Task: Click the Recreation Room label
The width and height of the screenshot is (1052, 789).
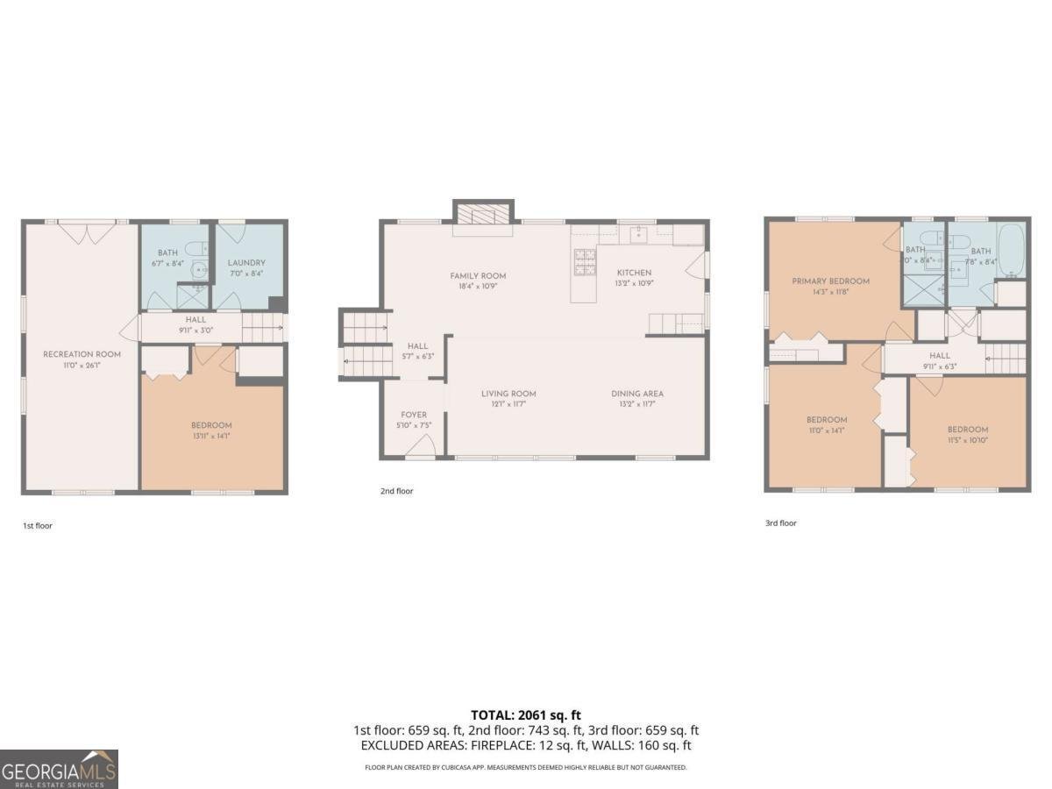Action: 82,354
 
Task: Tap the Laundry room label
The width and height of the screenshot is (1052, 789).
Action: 246,262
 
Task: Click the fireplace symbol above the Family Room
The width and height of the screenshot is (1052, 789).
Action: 482,214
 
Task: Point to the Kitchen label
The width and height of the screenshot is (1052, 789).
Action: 634,273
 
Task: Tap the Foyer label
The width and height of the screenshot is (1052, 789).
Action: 414,415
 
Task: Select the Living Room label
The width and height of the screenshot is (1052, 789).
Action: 508,394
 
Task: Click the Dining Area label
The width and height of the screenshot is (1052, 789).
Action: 637,394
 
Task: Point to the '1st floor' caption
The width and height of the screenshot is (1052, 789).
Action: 38,526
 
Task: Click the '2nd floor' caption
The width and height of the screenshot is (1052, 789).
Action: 396,491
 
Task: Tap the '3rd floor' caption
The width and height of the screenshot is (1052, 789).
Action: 780,523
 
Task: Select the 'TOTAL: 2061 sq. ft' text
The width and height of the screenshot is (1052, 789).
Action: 526,715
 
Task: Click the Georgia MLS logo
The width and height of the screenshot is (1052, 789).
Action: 59,769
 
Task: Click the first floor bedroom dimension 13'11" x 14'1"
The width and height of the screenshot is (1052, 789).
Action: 211,436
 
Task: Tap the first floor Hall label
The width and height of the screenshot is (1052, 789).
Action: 195,320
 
